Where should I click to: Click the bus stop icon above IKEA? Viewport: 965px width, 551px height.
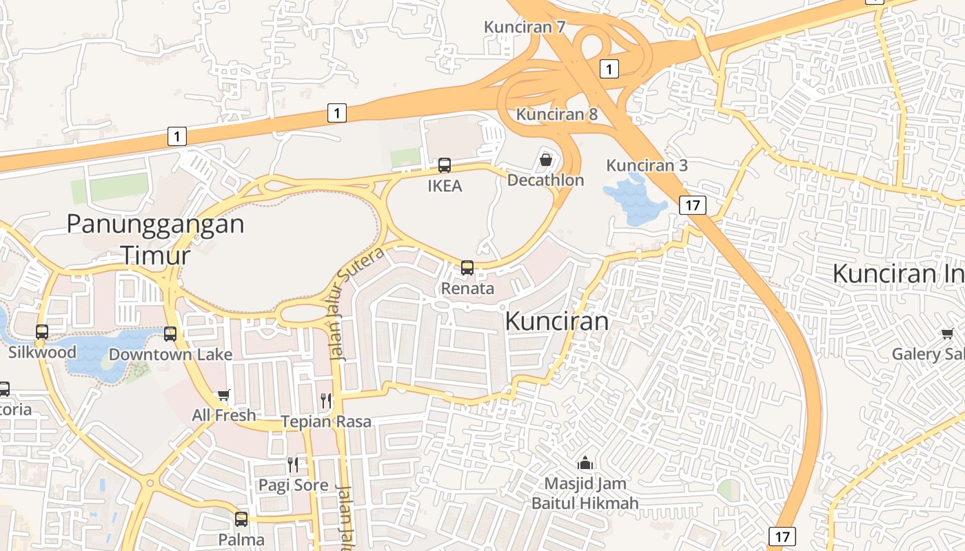[x=445, y=165]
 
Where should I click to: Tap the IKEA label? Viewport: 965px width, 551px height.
[x=445, y=186]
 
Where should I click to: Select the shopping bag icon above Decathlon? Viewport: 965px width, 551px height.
[x=546, y=160]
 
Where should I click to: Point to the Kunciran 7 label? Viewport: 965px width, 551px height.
[x=525, y=27]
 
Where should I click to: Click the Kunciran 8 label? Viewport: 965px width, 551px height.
[x=557, y=114]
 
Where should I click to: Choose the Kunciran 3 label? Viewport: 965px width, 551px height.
[x=647, y=165]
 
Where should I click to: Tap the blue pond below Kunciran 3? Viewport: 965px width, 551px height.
[x=635, y=200]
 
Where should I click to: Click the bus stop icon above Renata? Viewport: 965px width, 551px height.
[x=467, y=268]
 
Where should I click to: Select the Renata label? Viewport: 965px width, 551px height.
[x=467, y=288]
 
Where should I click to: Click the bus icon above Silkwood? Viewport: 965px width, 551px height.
[x=42, y=332]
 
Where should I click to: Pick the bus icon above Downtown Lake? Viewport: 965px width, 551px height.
[x=170, y=334]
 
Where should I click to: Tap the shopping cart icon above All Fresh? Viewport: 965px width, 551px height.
[x=223, y=395]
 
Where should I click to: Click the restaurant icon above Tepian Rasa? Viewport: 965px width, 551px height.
[x=326, y=400]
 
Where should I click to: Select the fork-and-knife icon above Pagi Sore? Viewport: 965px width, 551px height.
[x=293, y=464]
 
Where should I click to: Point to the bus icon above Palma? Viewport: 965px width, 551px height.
[x=241, y=519]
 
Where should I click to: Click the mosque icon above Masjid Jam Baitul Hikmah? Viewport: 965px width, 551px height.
[x=585, y=462]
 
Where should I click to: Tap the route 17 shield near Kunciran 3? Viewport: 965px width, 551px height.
[x=693, y=205]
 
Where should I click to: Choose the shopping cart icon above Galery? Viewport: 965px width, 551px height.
[x=947, y=334]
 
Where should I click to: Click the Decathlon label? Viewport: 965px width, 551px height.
[x=545, y=180]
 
